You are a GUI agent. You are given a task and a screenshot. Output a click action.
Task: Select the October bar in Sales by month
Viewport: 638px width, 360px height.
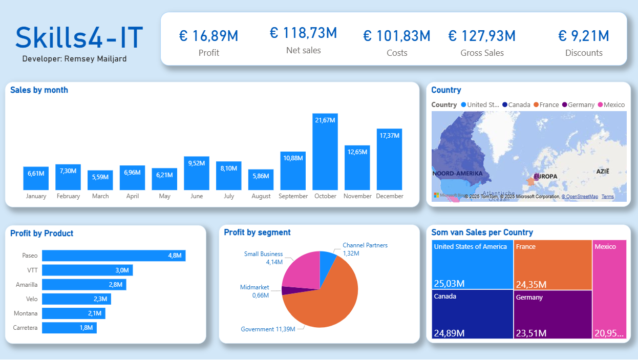coord(325,152)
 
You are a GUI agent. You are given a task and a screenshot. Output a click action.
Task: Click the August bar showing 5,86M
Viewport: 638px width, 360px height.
coord(261,180)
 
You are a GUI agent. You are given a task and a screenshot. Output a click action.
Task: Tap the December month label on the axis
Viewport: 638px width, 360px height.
coord(390,196)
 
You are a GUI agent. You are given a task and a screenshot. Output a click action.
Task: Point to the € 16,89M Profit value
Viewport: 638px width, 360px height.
coord(208,36)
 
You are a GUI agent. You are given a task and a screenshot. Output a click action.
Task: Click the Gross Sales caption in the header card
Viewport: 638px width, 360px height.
coord(482,53)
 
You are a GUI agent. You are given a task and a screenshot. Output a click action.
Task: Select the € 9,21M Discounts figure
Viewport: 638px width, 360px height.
coord(583,36)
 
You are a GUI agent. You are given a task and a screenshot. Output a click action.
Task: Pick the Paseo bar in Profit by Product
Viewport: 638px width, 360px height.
coord(114,256)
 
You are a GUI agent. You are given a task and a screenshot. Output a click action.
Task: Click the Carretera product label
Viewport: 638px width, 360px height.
coord(25,328)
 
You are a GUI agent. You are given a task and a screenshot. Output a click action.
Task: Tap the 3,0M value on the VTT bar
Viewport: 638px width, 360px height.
coord(121,270)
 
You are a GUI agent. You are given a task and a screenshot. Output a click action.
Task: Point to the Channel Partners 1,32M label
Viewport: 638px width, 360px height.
coord(365,249)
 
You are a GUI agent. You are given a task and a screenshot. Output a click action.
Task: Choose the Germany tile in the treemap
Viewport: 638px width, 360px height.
coord(552,313)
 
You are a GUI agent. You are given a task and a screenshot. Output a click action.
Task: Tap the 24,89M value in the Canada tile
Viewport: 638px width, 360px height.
coord(449,333)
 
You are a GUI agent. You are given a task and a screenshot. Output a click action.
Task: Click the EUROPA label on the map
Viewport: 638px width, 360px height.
coord(545,176)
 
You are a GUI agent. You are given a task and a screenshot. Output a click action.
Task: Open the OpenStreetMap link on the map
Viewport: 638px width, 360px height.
coord(580,197)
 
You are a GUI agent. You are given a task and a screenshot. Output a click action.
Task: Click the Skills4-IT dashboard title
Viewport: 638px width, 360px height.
coord(79,37)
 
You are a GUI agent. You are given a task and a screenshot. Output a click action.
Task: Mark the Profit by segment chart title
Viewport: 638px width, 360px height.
coord(257,232)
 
